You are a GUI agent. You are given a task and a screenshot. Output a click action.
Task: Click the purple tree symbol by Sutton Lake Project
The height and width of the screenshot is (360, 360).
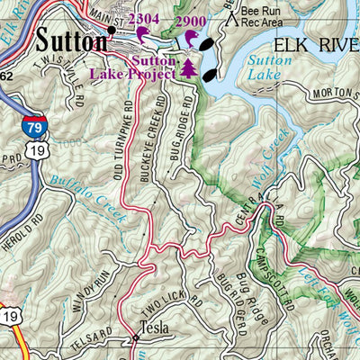(x=188, y=67)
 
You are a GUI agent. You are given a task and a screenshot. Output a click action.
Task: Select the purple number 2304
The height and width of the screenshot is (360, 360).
(x=144, y=19)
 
